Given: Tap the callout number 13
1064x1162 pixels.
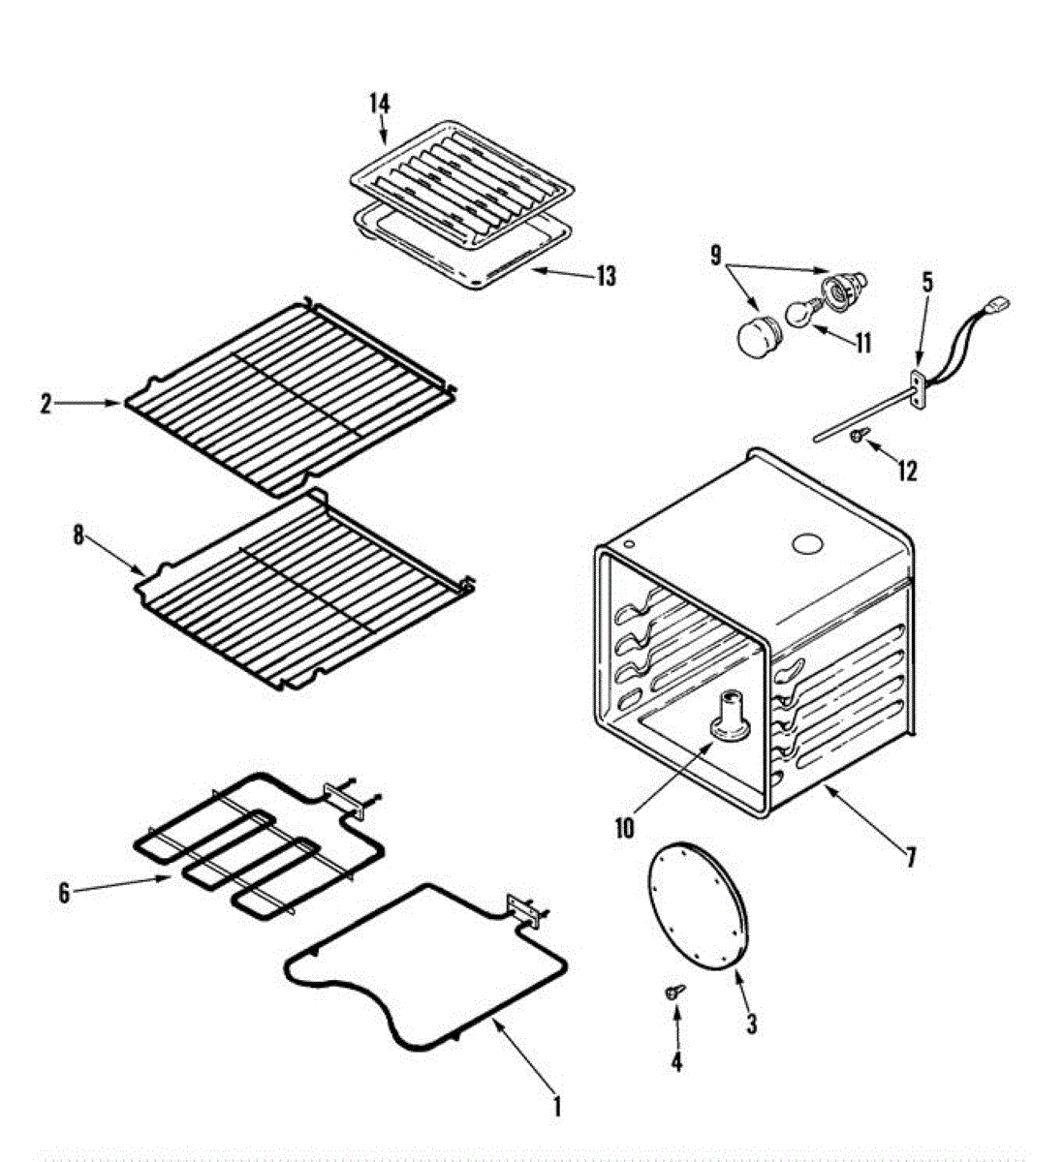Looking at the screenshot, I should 606,277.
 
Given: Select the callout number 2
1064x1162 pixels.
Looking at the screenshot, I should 46,405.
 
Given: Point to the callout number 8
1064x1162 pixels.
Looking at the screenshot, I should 78,536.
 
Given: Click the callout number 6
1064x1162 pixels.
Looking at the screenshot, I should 64,893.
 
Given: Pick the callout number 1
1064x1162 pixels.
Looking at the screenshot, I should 556,1105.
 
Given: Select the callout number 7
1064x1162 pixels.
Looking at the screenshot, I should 910,857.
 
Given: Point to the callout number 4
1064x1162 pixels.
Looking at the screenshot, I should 675,1062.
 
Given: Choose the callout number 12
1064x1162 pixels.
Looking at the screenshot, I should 906,471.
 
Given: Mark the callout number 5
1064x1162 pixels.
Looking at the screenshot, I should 927,283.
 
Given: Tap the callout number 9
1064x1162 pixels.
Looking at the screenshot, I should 716,256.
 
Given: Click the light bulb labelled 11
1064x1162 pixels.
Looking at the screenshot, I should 799,315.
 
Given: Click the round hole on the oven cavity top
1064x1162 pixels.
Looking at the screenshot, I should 807,544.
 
